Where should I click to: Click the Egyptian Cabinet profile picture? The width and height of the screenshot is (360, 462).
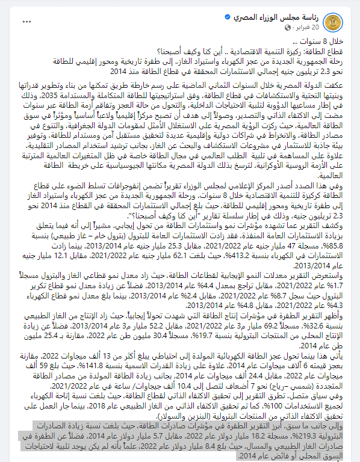point(343,23)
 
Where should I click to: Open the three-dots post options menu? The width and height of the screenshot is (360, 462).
point(26,22)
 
